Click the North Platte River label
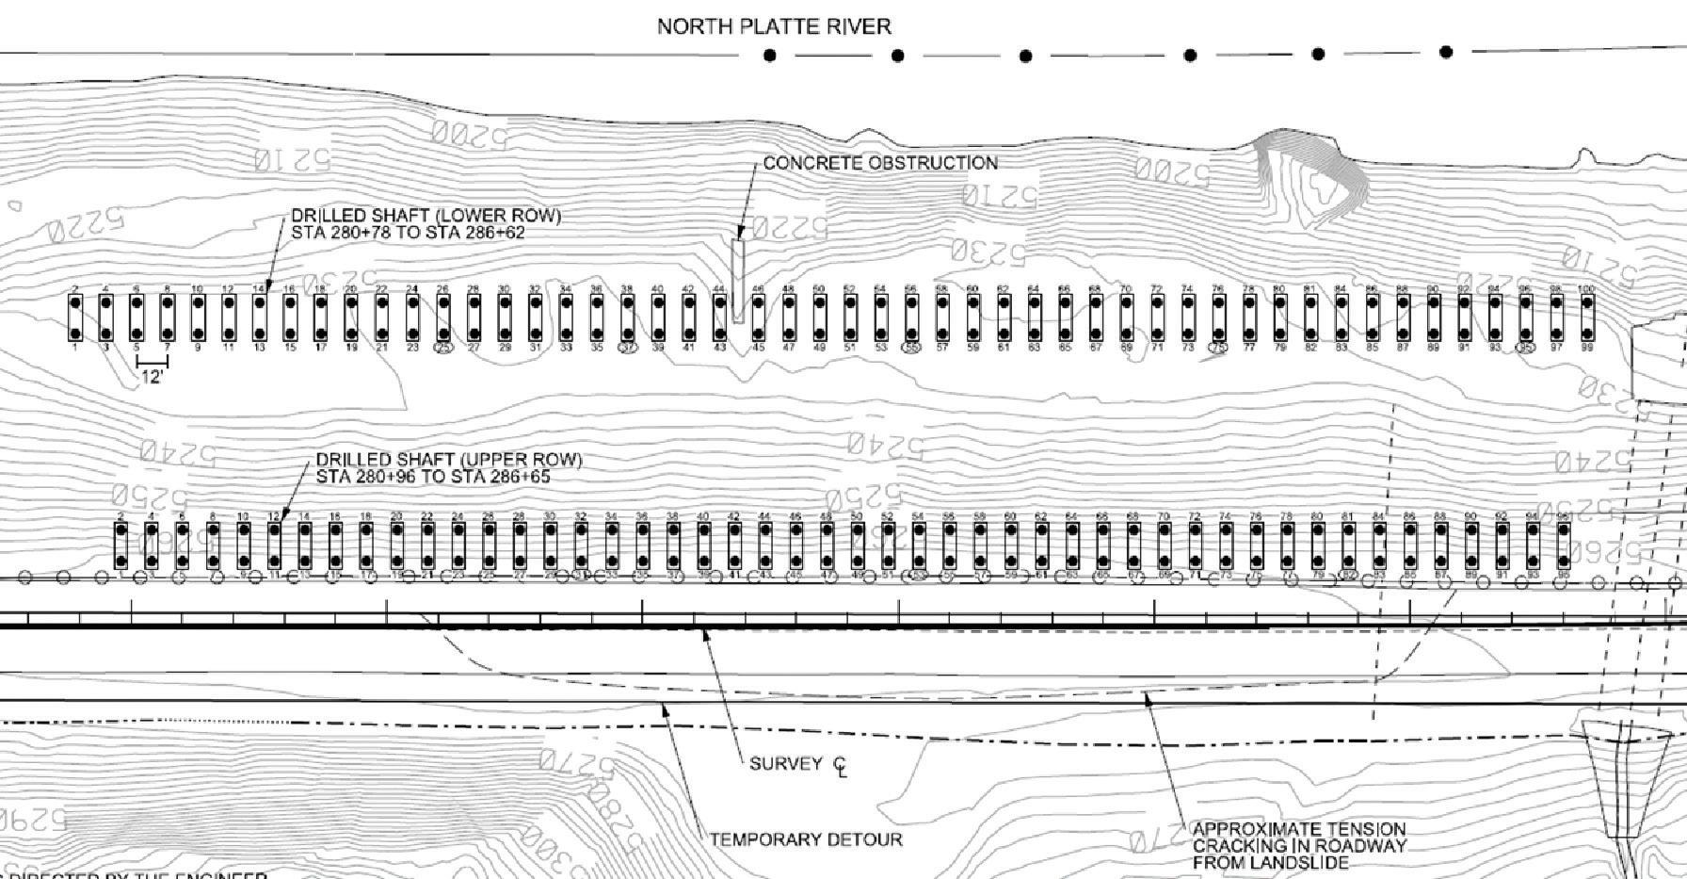[774, 26]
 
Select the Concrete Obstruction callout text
[879, 163]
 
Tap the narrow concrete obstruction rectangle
[738, 281]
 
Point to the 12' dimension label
[152, 378]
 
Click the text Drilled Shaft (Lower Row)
[426, 216]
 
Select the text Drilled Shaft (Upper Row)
[449, 460]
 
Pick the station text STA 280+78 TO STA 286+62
[408, 233]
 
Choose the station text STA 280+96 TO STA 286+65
[433, 477]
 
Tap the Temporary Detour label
[805, 839]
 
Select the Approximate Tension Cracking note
[1299, 845]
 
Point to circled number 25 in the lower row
[443, 348]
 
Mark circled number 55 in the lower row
[910, 348]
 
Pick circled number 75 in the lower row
[1218, 348]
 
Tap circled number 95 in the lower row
[1525, 348]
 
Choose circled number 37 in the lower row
[628, 348]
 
